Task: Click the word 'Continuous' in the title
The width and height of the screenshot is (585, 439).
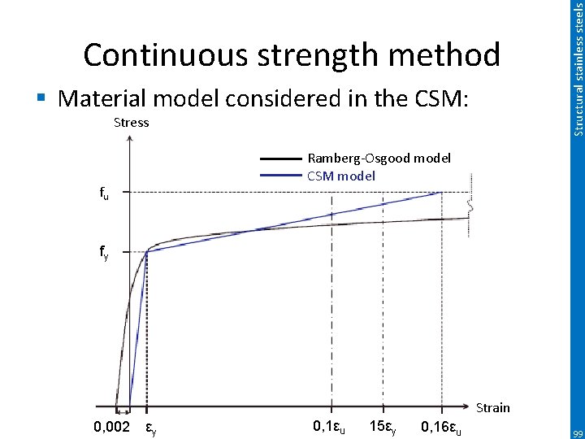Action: (165, 54)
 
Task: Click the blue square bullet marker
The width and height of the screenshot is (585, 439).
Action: (41, 98)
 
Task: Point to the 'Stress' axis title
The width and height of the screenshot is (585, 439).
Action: (132, 123)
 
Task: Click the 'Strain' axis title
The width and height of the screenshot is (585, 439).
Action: (493, 407)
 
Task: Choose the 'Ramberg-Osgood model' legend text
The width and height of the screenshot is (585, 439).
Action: (379, 159)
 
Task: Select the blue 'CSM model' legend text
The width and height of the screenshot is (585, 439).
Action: (341, 176)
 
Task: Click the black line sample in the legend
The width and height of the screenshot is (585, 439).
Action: (280, 159)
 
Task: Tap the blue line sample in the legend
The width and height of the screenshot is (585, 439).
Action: (280, 176)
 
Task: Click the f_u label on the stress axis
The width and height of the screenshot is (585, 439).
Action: (104, 193)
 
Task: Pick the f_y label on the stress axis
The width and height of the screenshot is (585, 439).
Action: (104, 254)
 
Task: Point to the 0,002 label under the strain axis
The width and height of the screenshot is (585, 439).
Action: (111, 426)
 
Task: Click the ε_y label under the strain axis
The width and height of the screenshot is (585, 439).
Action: (151, 429)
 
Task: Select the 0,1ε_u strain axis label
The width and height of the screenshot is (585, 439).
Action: (329, 427)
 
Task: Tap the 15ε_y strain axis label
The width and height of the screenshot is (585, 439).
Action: (383, 428)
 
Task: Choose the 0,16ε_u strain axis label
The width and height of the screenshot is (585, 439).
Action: (440, 427)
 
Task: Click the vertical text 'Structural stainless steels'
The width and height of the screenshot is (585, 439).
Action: (578, 69)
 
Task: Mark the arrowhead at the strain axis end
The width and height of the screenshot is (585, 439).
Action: (466, 406)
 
